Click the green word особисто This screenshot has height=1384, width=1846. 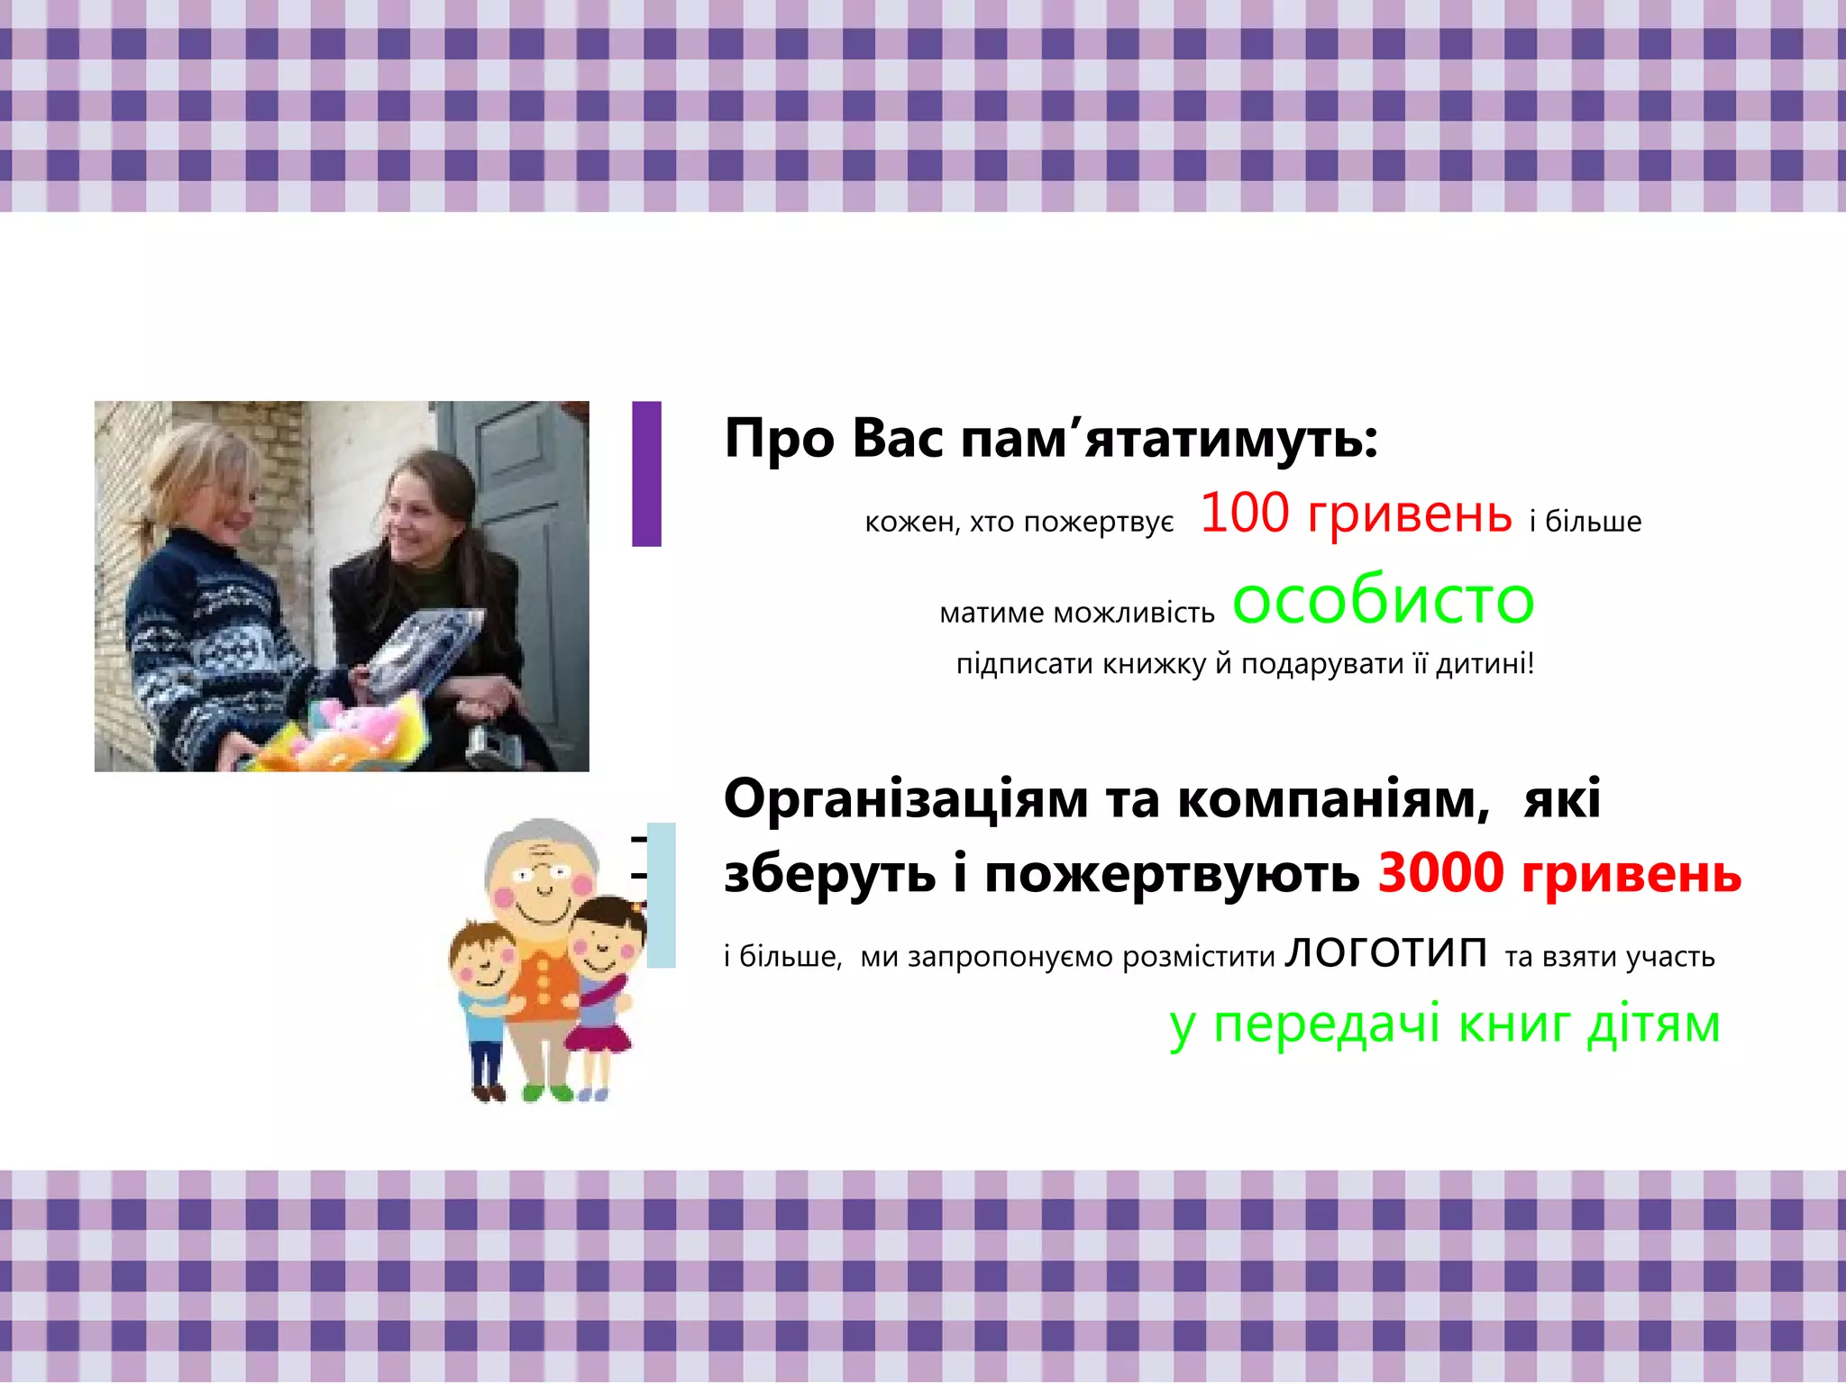[1383, 601]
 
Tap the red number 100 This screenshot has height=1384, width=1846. [1244, 514]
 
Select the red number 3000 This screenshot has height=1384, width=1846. [1440, 873]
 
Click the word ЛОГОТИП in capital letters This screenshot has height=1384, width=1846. [1385, 953]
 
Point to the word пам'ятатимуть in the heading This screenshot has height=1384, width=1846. [1168, 440]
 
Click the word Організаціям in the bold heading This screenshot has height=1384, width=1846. [906, 800]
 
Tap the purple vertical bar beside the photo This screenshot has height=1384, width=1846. [646, 474]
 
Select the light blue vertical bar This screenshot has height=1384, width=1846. [662, 895]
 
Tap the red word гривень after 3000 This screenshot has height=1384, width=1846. [1631, 875]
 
